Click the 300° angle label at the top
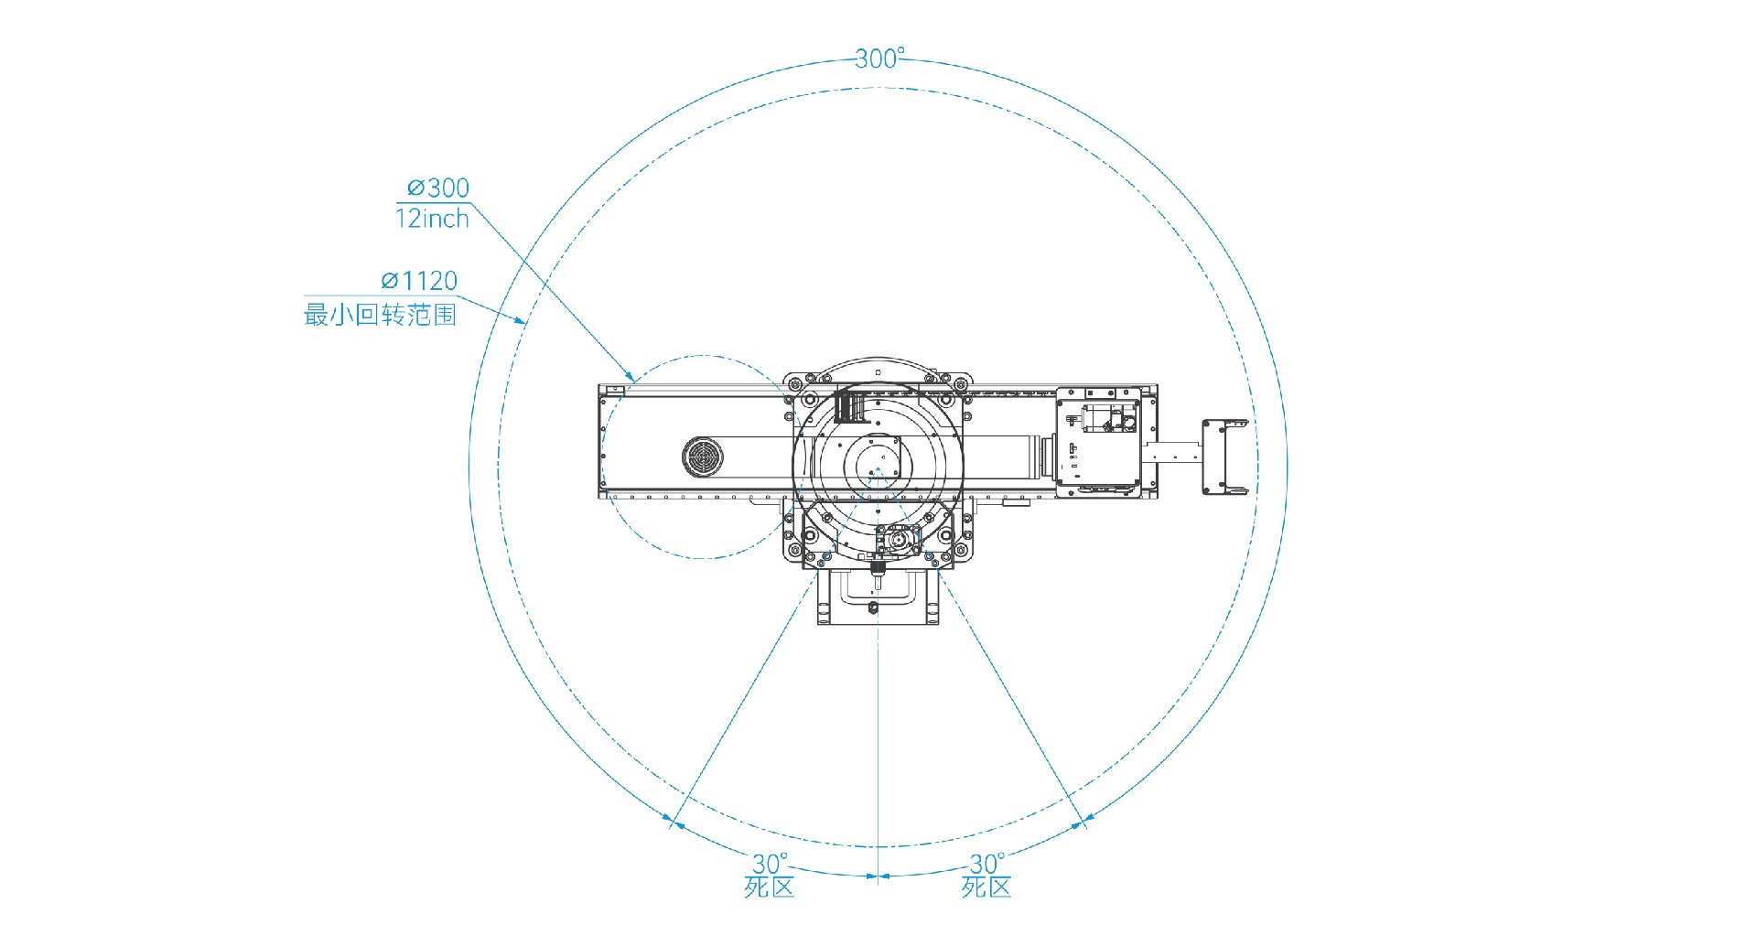879,59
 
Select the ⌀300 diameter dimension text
438,188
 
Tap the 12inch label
432,219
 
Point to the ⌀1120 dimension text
419,281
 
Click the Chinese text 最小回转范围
380,315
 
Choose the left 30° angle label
770,863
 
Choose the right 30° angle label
986,863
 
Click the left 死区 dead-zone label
769,887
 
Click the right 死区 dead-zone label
986,887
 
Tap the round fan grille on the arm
703,456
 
